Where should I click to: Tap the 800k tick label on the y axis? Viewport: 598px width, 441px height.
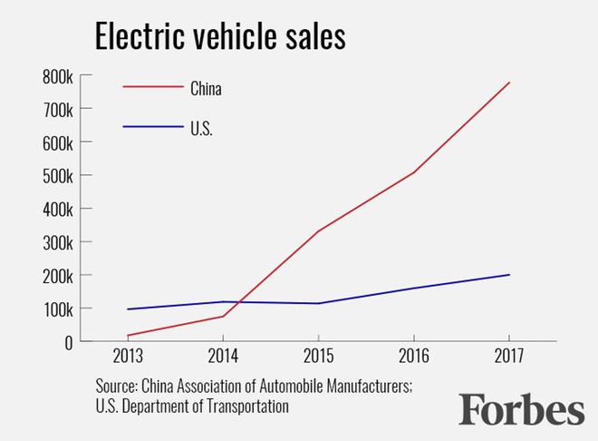[56, 76]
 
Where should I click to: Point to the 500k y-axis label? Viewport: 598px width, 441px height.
[56, 175]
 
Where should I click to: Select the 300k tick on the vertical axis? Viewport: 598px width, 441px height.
[56, 242]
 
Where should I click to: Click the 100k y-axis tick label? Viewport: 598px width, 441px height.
[56, 309]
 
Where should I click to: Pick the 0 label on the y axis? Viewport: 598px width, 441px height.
[67, 342]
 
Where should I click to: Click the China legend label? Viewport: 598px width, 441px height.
[206, 89]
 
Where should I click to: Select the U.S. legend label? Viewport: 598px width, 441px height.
[202, 128]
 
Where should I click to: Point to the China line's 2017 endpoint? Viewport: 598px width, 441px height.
[509, 83]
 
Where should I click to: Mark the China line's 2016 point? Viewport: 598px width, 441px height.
[414, 172]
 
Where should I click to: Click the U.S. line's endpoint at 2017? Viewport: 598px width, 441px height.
[509, 275]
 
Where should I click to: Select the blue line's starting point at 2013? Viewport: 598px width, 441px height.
[128, 309]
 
